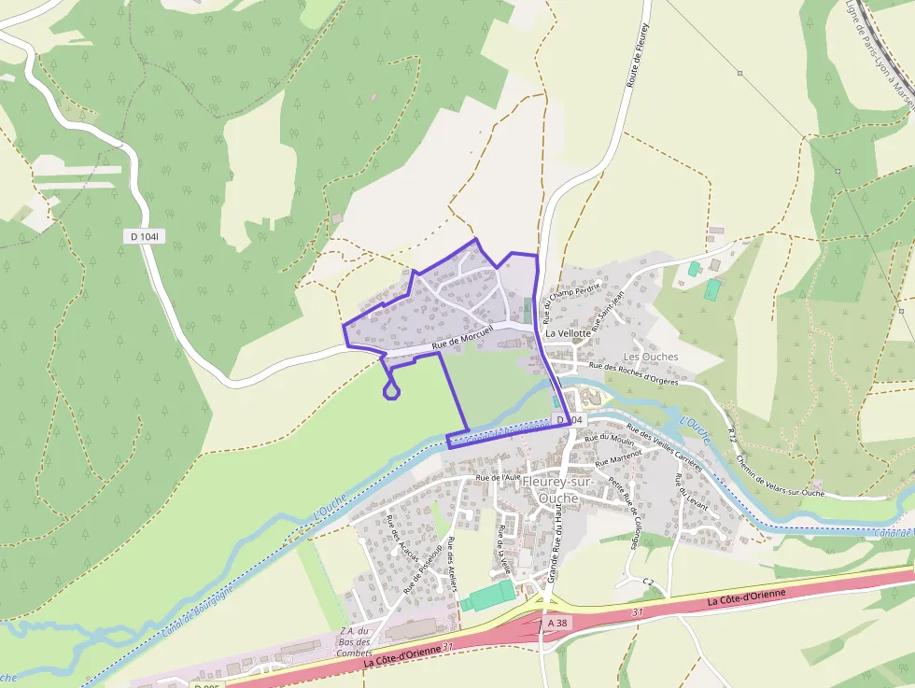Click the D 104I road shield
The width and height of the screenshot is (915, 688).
pyautogui.click(x=145, y=237)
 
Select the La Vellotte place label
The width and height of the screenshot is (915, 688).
pyautogui.click(x=569, y=332)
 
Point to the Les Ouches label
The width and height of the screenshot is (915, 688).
pyautogui.click(x=650, y=357)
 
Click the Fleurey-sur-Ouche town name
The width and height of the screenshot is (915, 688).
pyautogui.click(x=558, y=489)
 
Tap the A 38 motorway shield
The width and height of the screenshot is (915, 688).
pyautogui.click(x=557, y=623)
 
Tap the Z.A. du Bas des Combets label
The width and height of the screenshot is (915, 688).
pyautogui.click(x=355, y=641)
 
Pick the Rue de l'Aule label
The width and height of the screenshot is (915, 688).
pyautogui.click(x=498, y=477)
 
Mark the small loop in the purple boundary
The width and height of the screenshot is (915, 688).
pyautogui.click(x=392, y=390)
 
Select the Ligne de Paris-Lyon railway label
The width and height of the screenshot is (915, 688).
pyautogui.click(x=880, y=47)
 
